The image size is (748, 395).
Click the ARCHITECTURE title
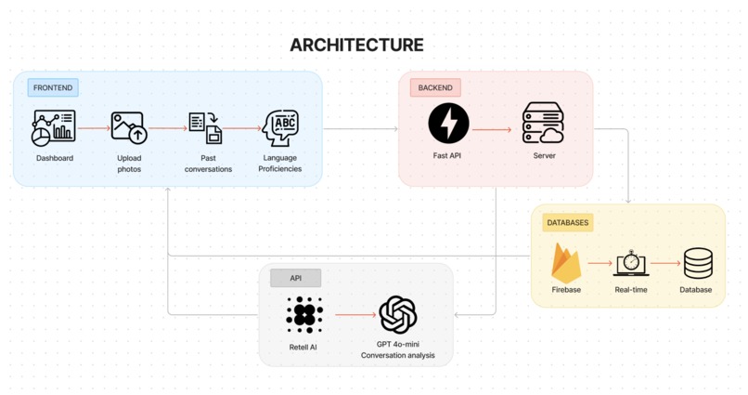(x=356, y=45)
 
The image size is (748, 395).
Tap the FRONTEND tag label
(x=53, y=88)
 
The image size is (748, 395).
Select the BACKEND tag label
(x=435, y=88)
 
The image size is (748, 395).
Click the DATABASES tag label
(x=568, y=222)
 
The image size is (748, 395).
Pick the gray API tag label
(x=296, y=278)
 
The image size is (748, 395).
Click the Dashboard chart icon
(x=54, y=127)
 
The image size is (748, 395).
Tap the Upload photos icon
(x=129, y=127)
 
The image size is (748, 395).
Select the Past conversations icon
(x=206, y=127)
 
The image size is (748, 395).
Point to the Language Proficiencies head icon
(x=280, y=127)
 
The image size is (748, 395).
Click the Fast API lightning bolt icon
(x=448, y=123)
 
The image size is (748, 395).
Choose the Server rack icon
(x=543, y=123)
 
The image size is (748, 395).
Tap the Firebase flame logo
(x=566, y=263)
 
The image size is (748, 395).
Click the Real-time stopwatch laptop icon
(x=631, y=263)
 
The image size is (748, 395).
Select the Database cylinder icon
(x=698, y=263)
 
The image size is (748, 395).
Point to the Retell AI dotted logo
(x=304, y=315)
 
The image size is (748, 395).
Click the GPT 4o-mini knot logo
(x=398, y=315)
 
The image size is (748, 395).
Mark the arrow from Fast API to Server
(x=492, y=129)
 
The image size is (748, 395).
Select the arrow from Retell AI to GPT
(x=355, y=315)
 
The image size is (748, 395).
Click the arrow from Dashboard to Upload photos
(x=94, y=128)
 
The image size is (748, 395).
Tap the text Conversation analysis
(x=398, y=355)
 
